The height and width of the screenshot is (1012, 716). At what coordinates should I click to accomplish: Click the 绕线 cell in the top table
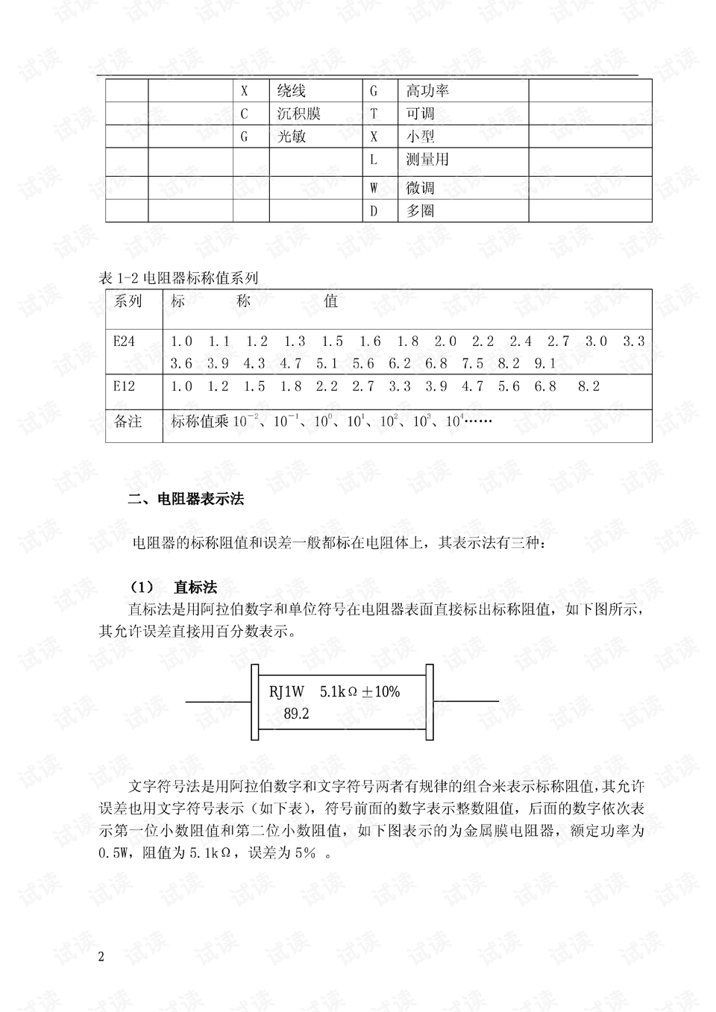coord(292,91)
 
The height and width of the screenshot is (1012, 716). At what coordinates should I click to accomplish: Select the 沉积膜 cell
coord(298,114)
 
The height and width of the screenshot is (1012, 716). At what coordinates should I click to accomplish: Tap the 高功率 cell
coord(427,91)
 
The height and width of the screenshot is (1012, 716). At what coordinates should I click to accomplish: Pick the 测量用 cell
coord(427,160)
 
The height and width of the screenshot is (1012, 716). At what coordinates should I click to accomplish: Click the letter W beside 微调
coord(374,188)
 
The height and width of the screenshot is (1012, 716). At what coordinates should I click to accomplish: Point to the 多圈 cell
coord(420,211)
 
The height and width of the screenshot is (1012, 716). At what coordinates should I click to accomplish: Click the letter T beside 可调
coord(374,114)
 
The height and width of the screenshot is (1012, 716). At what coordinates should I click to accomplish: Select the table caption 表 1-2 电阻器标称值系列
coord(178,278)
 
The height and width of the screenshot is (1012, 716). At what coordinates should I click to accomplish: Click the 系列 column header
coord(128,301)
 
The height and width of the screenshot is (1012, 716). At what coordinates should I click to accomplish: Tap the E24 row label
coord(125,342)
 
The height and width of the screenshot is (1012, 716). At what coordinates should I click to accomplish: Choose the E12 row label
coord(125,386)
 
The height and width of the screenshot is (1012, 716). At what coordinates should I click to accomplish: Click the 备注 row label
coord(128,421)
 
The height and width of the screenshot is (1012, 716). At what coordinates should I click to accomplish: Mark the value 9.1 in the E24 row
coord(545,364)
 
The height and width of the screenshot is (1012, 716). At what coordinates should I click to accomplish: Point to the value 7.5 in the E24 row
coord(472,364)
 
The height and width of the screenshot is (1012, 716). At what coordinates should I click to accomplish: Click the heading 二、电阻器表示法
coord(186,500)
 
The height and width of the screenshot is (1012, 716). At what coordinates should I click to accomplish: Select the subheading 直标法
coord(195,587)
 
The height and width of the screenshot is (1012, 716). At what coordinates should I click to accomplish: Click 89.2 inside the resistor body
coord(296,714)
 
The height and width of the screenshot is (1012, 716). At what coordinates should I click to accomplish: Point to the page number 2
coord(101,957)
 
